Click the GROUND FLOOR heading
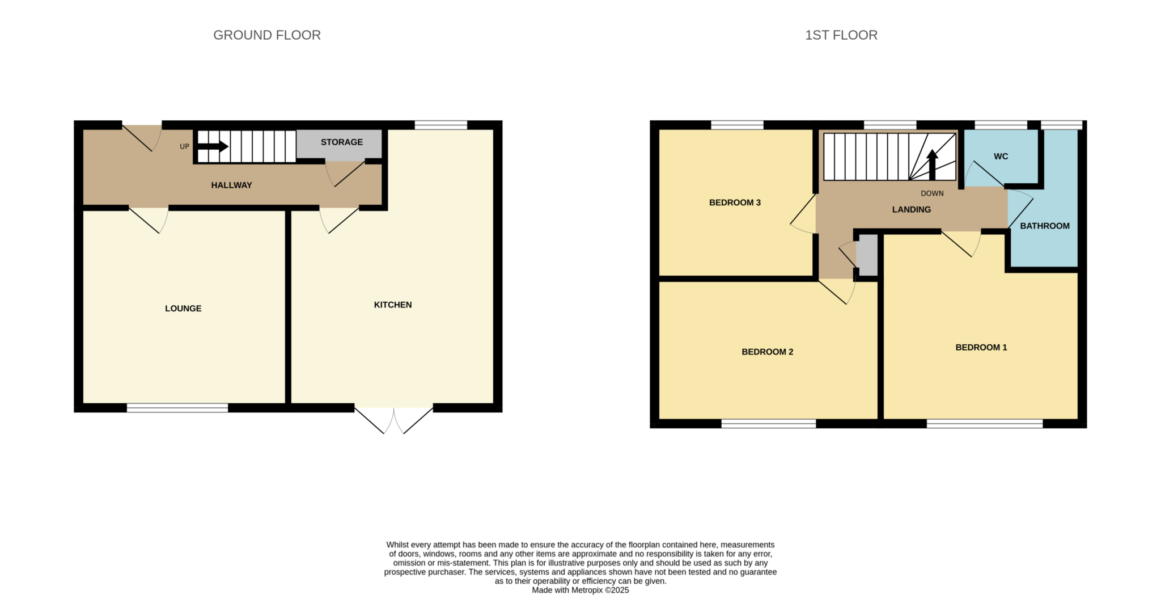(x=266, y=35)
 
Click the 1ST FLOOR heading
(x=841, y=35)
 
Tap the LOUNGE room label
(x=183, y=309)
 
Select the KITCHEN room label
(x=393, y=305)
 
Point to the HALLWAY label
(x=231, y=185)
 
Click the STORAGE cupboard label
(x=341, y=142)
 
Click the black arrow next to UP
(x=213, y=146)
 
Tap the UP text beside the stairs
(x=184, y=146)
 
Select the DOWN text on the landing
(x=932, y=193)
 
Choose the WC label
(x=1001, y=157)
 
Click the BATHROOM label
(x=1045, y=226)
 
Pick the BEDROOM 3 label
(x=735, y=202)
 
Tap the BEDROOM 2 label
(x=767, y=352)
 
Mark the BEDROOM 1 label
(x=981, y=348)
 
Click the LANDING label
(x=911, y=210)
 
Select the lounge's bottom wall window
(x=177, y=408)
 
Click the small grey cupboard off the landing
(x=867, y=255)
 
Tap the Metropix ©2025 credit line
(x=580, y=590)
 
